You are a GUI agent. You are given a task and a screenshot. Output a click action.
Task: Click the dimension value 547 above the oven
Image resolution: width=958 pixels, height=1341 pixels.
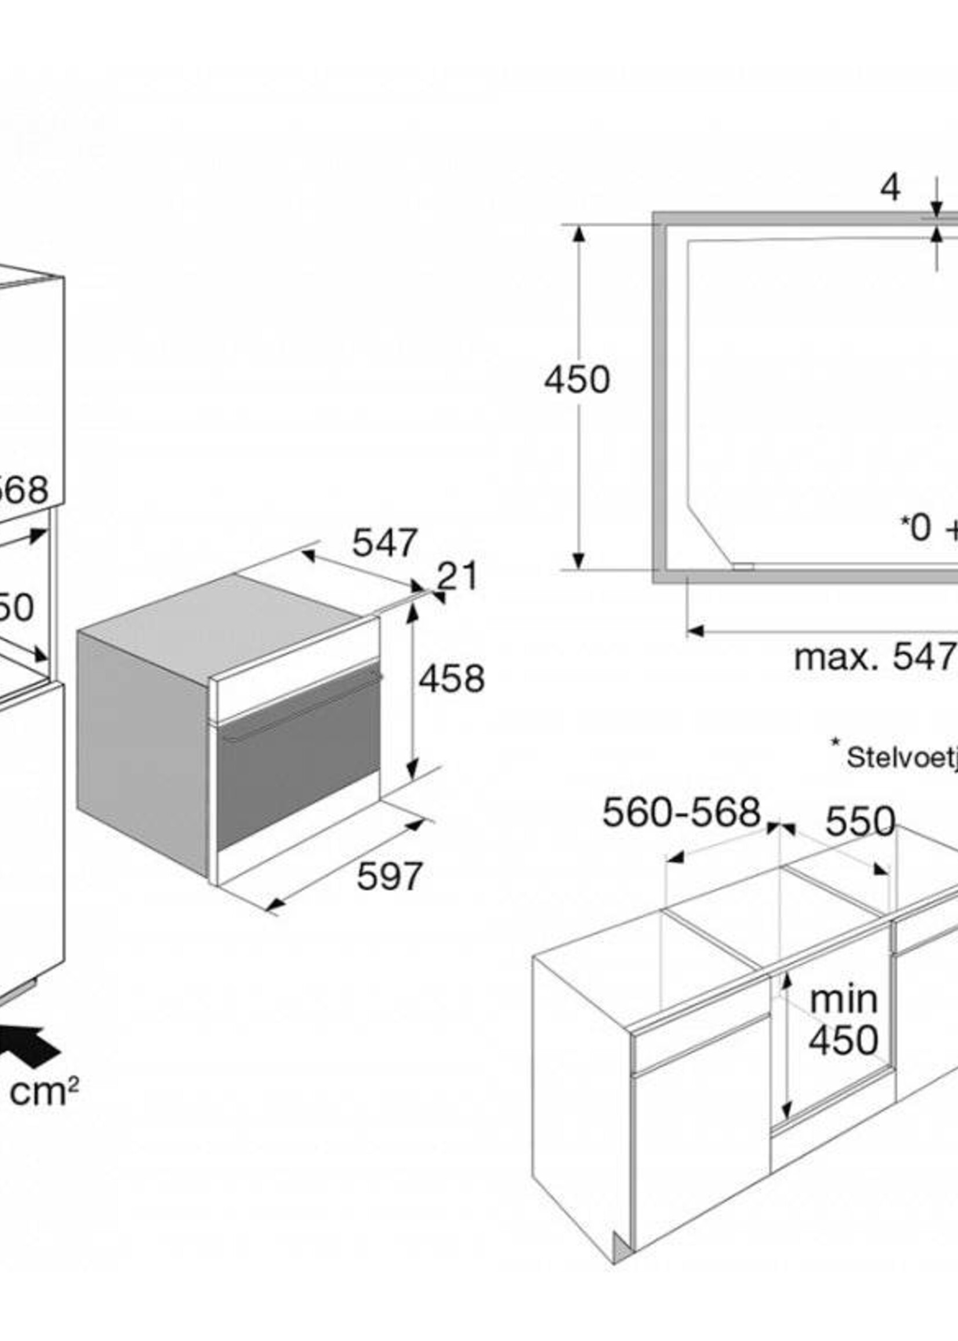(384, 543)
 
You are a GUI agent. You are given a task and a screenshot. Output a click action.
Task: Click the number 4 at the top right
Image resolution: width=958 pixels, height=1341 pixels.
(890, 188)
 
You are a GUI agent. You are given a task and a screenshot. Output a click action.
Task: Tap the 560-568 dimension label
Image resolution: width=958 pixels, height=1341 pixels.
(681, 813)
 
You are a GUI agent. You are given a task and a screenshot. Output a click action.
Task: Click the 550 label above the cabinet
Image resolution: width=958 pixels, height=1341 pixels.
(860, 821)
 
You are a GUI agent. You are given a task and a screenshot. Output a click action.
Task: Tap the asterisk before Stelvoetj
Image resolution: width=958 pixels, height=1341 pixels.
(835, 742)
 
